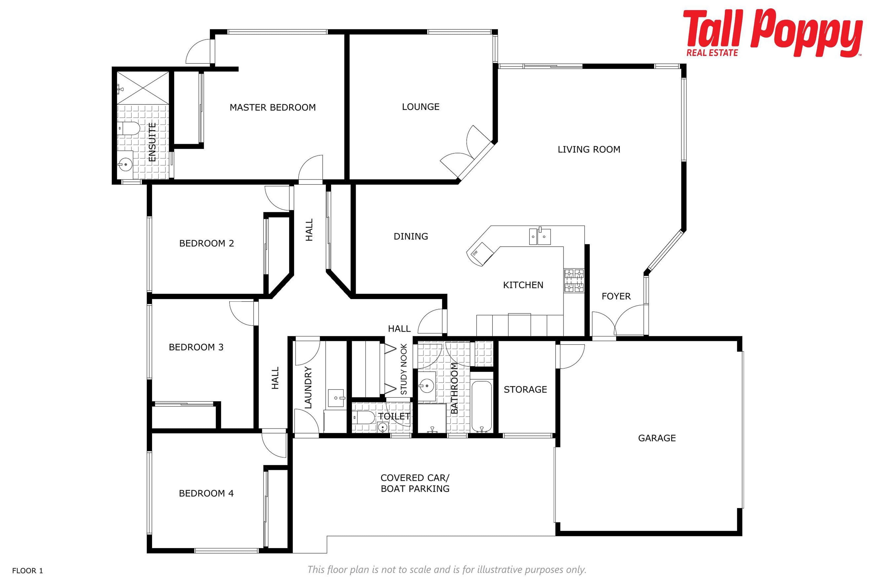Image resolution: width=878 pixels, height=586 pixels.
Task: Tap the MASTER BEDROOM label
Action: (x=273, y=108)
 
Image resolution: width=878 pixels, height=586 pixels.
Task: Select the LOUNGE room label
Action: (x=421, y=107)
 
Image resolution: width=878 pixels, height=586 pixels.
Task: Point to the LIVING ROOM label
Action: (x=589, y=149)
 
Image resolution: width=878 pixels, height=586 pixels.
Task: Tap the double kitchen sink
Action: (x=540, y=236)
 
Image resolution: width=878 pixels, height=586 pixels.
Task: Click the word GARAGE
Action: (x=657, y=438)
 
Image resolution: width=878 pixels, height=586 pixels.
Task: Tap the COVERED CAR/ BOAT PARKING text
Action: (x=415, y=483)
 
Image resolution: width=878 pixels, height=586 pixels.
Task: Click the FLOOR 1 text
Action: (x=28, y=571)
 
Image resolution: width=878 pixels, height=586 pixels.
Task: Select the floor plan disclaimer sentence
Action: (x=447, y=570)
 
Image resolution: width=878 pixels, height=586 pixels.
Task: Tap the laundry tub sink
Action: (x=336, y=398)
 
